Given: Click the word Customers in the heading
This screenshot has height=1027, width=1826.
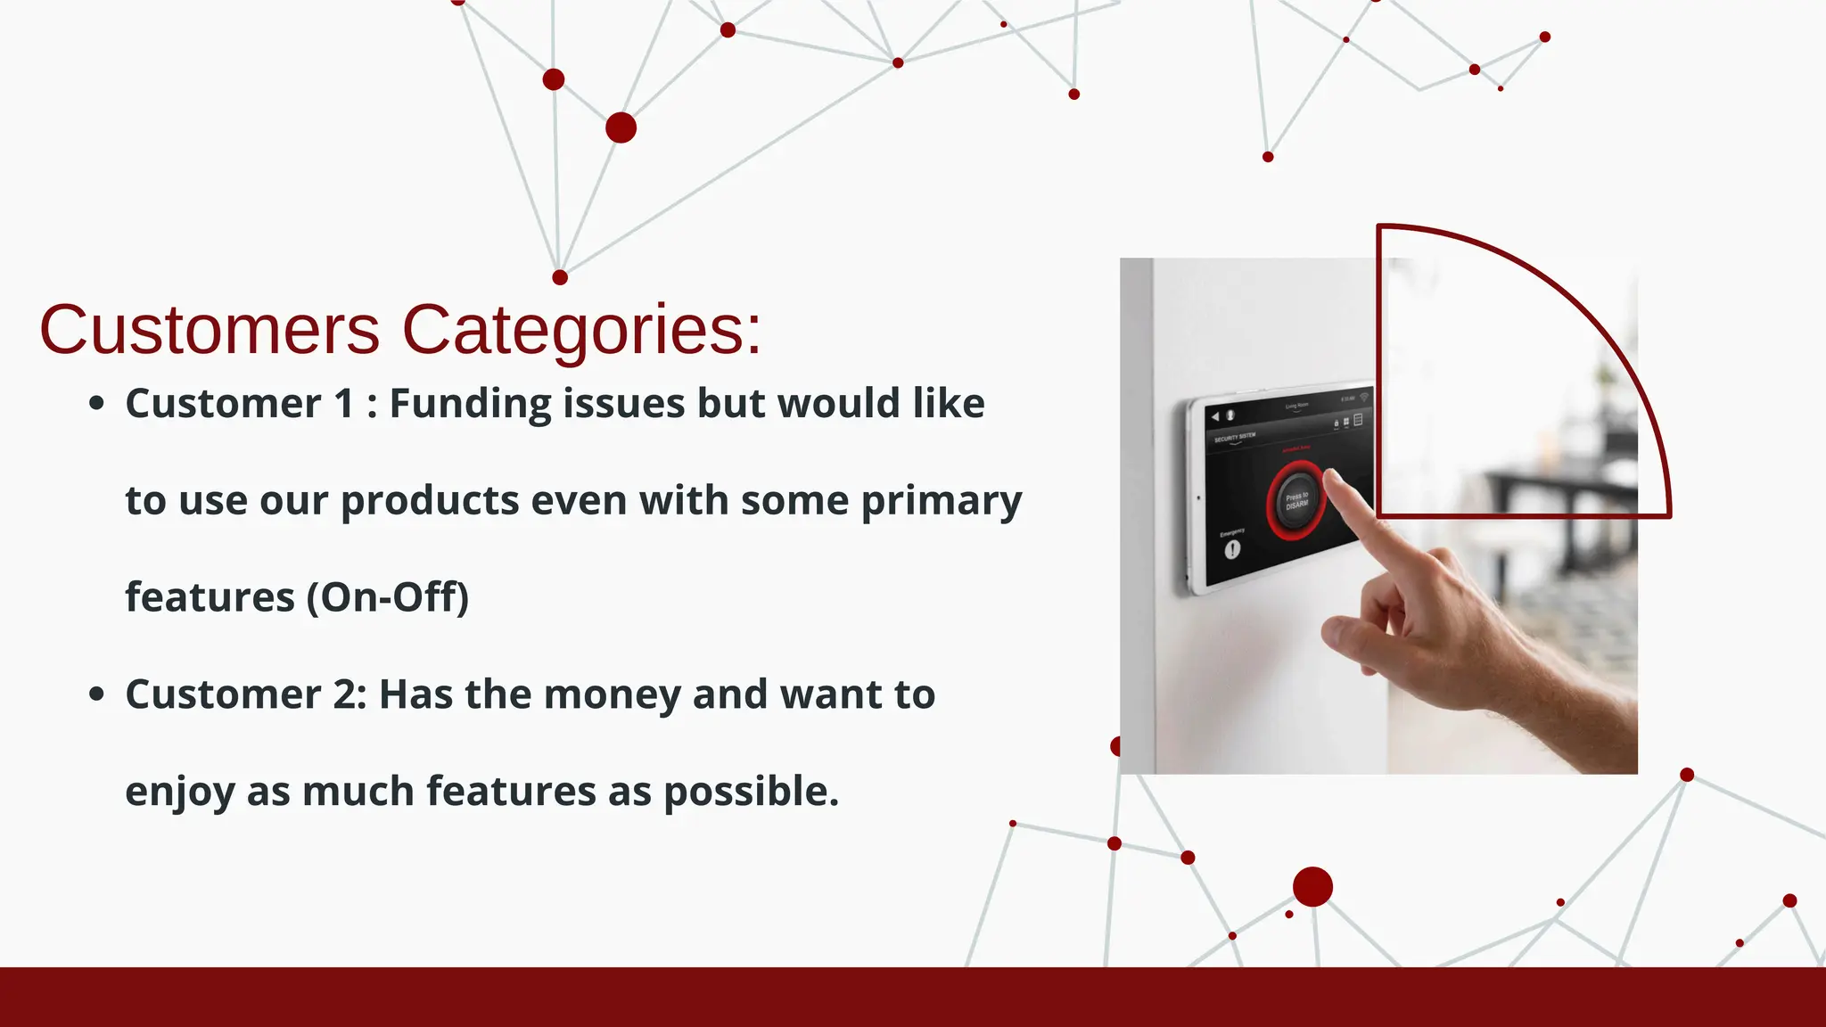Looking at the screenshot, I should click(210, 330).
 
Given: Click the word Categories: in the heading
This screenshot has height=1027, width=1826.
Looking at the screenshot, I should click(581, 330).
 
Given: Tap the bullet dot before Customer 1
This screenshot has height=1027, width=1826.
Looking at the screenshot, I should click(97, 404).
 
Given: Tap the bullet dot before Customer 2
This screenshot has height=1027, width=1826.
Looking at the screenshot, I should click(97, 694).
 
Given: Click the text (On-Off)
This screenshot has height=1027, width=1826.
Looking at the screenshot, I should click(387, 597).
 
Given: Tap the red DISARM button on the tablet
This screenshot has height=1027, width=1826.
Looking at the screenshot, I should click(1295, 500).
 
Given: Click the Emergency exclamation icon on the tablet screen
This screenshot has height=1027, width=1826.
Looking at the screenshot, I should click(1232, 549).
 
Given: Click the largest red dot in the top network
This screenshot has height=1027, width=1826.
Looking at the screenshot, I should click(621, 127).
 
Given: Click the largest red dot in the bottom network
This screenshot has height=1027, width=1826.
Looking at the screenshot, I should click(1312, 887).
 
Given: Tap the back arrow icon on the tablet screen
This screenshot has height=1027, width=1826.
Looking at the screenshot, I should click(1214, 416).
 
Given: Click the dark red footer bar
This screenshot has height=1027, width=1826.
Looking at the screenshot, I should click(913, 997).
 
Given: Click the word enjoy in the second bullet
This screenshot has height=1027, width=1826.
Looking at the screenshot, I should click(179, 792).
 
